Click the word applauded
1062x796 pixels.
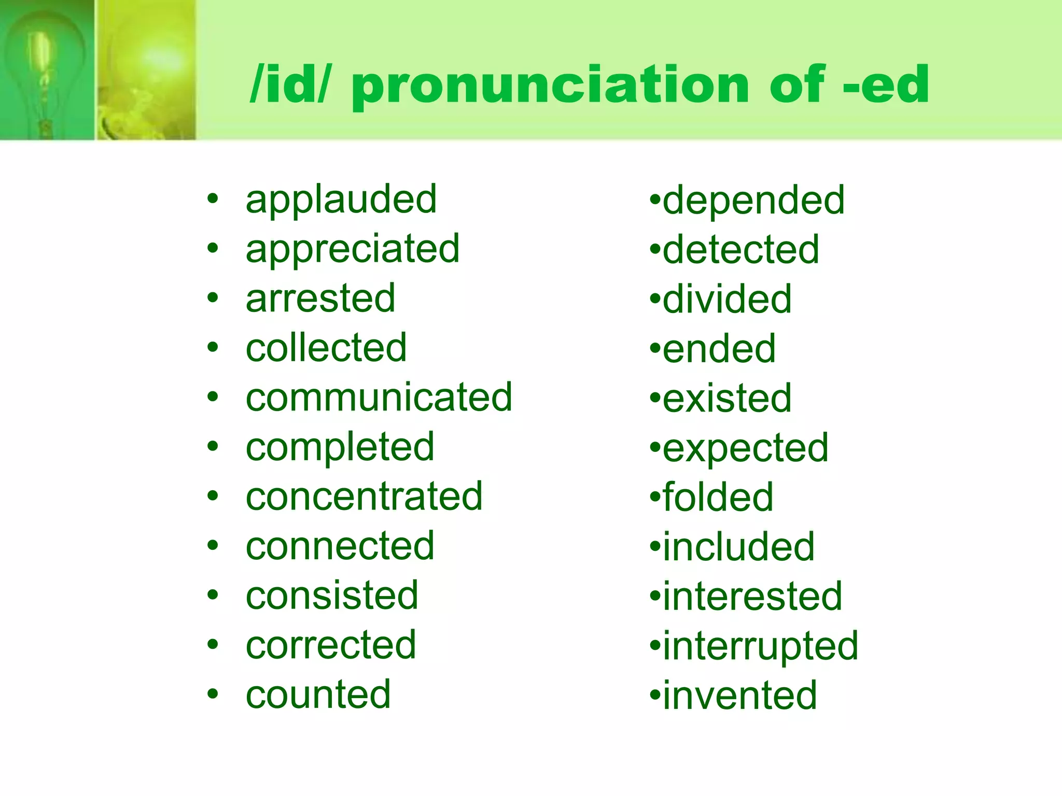[341, 200]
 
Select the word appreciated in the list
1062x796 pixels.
[353, 250]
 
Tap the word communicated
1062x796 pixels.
[379, 398]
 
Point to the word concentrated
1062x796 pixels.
[364, 497]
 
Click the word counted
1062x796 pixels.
[318, 695]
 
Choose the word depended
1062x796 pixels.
[753, 201]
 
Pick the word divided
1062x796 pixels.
[727, 300]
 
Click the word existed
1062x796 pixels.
[727, 399]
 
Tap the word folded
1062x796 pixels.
[718, 497]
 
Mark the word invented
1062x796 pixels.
[740, 696]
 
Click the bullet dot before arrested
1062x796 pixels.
[213, 298]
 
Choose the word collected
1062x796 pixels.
[326, 348]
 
